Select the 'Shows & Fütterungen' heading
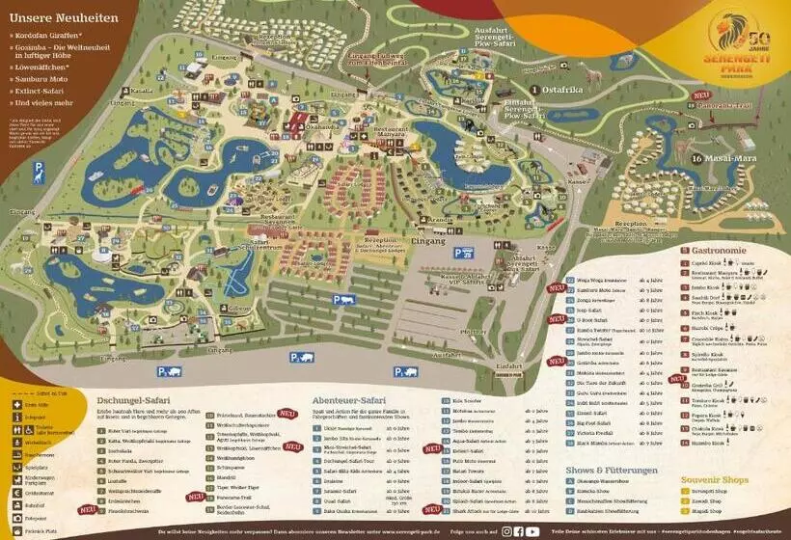coord(612,471)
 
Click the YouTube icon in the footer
coord(532,531)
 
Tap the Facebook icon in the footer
coord(519,531)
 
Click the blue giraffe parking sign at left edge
coord(40,172)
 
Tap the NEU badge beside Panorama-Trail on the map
coord(701,95)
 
